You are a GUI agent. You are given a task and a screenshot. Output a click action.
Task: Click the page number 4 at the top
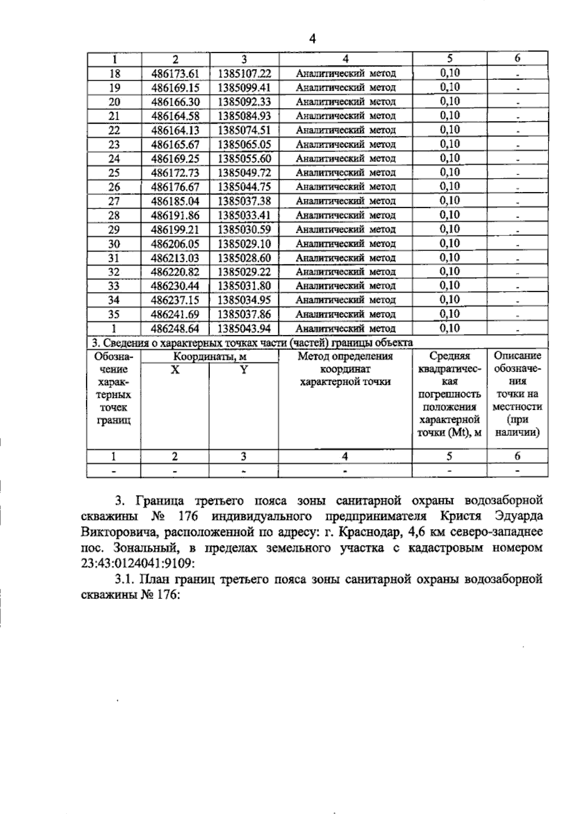click(x=312, y=39)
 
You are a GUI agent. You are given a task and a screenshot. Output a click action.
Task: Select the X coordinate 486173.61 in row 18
click(x=175, y=74)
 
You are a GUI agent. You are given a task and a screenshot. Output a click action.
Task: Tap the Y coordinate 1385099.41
click(x=244, y=88)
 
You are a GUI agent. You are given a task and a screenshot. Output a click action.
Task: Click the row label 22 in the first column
click(x=114, y=131)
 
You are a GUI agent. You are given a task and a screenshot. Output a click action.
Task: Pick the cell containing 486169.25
click(x=175, y=159)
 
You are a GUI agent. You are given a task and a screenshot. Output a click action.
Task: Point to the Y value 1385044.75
click(x=244, y=187)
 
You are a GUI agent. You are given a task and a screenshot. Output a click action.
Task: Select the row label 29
click(x=114, y=230)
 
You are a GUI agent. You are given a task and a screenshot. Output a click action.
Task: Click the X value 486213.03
click(x=175, y=258)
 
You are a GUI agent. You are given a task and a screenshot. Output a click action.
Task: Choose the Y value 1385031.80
click(x=244, y=286)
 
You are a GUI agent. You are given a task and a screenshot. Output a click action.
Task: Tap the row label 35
click(x=114, y=315)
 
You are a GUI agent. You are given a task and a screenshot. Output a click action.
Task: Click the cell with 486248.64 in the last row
click(x=175, y=329)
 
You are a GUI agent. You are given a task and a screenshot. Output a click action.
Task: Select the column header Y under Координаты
click(x=244, y=370)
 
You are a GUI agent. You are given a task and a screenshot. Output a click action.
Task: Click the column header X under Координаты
click(x=175, y=370)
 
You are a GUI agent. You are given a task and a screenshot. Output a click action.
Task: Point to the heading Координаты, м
click(x=209, y=357)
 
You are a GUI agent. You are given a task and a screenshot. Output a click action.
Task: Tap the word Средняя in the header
click(x=449, y=356)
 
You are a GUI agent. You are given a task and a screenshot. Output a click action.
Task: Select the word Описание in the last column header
click(x=517, y=356)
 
